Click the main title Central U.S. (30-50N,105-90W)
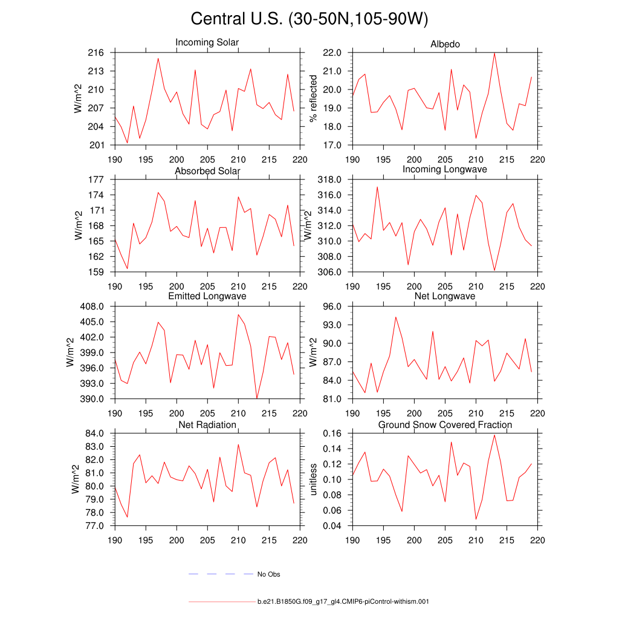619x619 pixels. tap(309, 19)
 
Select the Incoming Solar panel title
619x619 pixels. tap(207, 42)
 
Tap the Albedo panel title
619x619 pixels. tap(445, 44)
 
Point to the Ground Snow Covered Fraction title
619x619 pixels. tap(445, 425)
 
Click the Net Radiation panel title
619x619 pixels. tap(207, 425)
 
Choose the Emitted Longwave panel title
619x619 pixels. tap(207, 296)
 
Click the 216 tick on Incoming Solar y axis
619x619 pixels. tap(98, 53)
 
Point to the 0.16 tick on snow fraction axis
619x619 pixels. tap(334, 433)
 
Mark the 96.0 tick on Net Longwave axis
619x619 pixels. tap(334, 306)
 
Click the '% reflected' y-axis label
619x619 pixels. tap(313, 99)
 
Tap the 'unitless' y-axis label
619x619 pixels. tap(313, 479)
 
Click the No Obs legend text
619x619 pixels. tap(268, 574)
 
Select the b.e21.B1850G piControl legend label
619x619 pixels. tap(343, 602)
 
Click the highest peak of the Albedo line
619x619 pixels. tap(494, 53)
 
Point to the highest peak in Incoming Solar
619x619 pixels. tap(158, 59)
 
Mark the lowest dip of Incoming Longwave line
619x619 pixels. tap(494, 270)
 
